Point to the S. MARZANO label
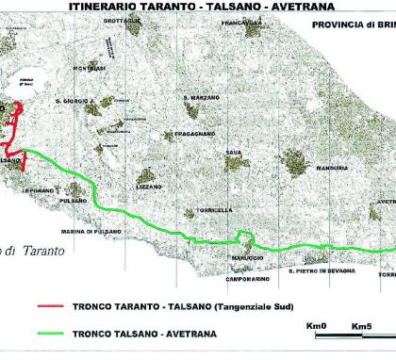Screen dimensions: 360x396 pyautogui.click(x=199, y=97)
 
